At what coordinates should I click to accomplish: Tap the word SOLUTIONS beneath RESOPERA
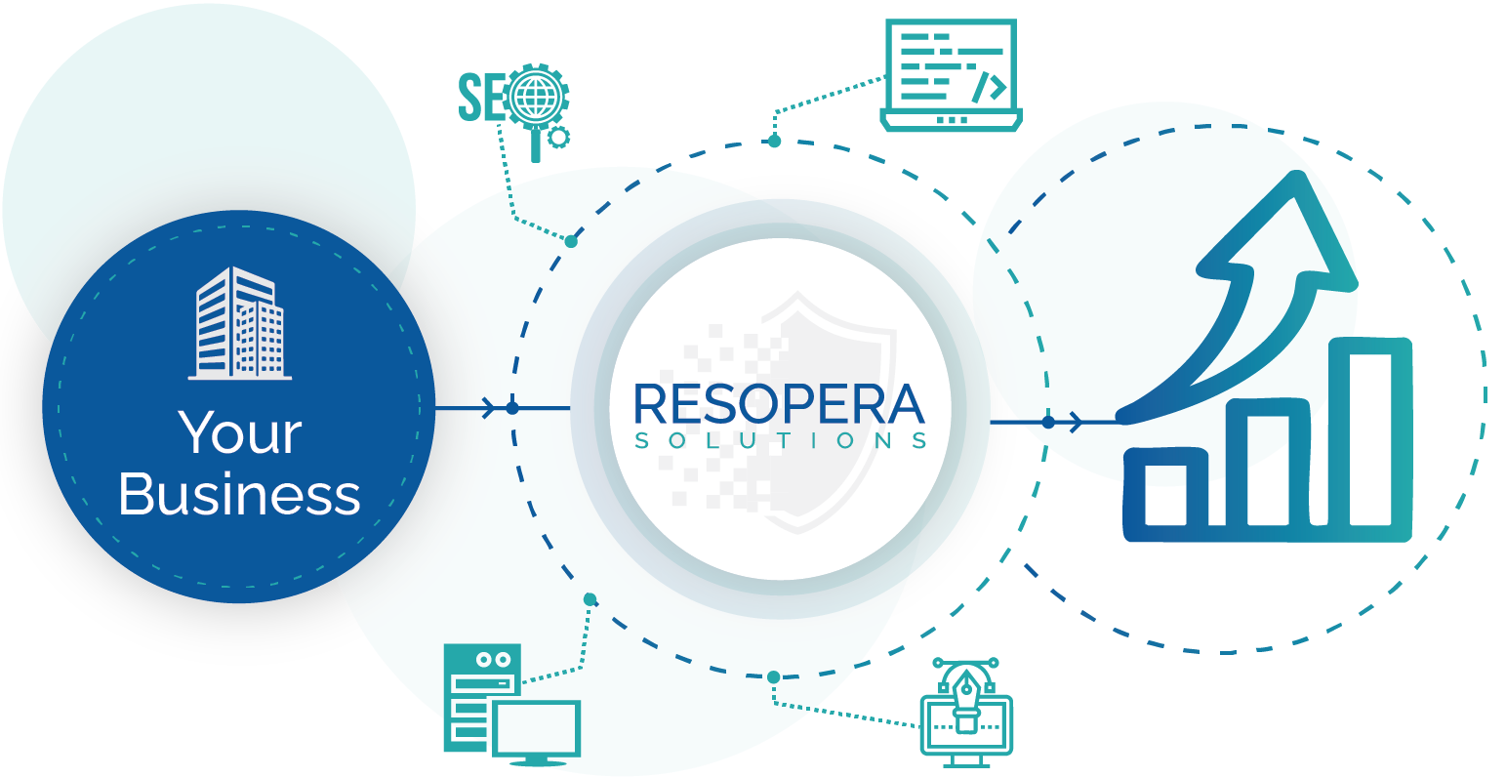tap(781, 441)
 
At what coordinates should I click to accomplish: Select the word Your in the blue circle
tap(240, 432)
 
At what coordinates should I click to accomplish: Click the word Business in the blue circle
tap(239, 494)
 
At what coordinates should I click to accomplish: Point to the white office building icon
tap(239, 323)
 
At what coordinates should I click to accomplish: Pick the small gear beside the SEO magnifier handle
tap(557, 138)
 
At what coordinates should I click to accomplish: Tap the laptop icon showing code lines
tap(952, 74)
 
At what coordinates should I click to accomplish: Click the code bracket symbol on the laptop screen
tap(990, 88)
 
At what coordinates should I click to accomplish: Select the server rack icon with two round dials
tap(482, 697)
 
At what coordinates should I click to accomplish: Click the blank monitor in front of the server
tap(537, 732)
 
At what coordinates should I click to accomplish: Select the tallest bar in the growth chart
tap(1370, 437)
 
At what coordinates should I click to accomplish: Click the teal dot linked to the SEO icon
tap(571, 241)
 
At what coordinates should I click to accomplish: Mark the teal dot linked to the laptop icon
tap(775, 142)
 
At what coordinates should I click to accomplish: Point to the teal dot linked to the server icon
tap(590, 599)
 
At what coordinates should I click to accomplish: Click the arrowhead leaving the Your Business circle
tap(489, 407)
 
